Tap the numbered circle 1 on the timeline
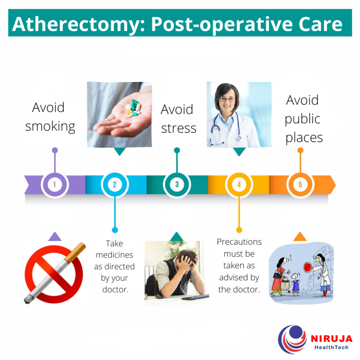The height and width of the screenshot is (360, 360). click(x=54, y=184)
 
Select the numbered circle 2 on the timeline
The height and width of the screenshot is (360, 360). click(x=115, y=184)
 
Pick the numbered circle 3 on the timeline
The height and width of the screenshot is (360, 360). click(x=177, y=184)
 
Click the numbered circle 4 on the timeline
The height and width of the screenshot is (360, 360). click(x=239, y=184)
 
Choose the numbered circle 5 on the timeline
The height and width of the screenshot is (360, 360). click(x=300, y=184)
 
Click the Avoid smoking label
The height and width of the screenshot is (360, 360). click(x=50, y=117)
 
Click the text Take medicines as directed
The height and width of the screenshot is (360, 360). click(x=114, y=266)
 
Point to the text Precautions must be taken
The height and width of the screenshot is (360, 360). click(x=239, y=265)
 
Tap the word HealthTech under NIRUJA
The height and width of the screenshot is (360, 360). click(x=330, y=347)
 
